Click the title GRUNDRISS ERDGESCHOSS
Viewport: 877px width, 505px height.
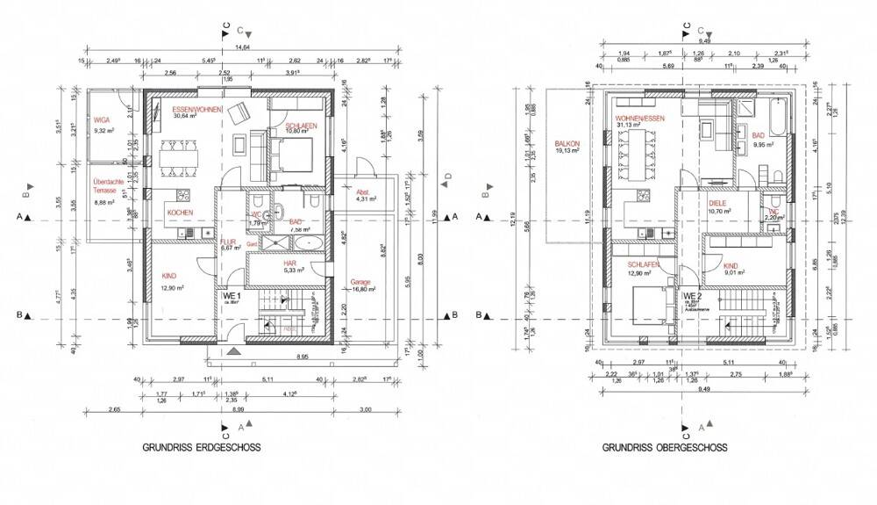[x=201, y=447]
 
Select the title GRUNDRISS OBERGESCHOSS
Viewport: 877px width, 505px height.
[x=664, y=447]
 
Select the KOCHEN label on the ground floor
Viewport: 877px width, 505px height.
[x=180, y=213]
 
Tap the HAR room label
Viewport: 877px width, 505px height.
[x=289, y=262]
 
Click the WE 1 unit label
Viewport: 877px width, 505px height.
[x=231, y=297]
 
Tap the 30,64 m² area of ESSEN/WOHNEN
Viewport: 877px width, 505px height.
[x=185, y=116]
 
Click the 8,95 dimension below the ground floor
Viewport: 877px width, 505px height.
[x=301, y=357]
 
